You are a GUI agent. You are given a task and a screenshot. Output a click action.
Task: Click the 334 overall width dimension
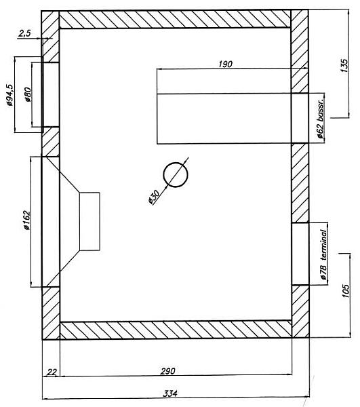[x=170, y=393]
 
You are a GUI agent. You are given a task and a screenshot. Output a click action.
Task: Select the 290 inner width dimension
[x=167, y=371]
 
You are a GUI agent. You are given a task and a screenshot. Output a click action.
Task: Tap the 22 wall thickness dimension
[x=52, y=372]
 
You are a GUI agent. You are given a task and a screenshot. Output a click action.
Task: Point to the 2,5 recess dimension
[x=24, y=33]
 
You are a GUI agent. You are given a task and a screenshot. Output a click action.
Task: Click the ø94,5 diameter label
[x=10, y=95]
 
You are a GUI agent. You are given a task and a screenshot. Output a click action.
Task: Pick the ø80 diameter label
[x=28, y=94]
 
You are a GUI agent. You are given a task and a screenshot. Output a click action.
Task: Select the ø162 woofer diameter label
[x=27, y=220]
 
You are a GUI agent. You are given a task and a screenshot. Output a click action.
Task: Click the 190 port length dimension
[x=225, y=64]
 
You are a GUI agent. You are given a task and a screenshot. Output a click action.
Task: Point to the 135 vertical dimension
[x=344, y=65]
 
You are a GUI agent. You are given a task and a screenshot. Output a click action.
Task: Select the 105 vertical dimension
[x=346, y=291]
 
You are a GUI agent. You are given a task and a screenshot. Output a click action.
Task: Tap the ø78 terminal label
[x=323, y=254]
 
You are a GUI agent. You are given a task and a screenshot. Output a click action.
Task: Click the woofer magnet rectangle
[x=89, y=221]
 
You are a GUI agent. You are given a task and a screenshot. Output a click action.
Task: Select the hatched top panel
[x=175, y=19]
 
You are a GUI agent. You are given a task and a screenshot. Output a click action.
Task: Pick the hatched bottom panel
[x=176, y=330]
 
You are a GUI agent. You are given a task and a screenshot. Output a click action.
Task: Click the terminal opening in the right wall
[x=300, y=254]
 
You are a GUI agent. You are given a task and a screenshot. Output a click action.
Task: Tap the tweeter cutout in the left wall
[x=50, y=94]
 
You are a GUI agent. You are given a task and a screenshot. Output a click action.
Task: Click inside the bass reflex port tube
[x=224, y=118]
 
